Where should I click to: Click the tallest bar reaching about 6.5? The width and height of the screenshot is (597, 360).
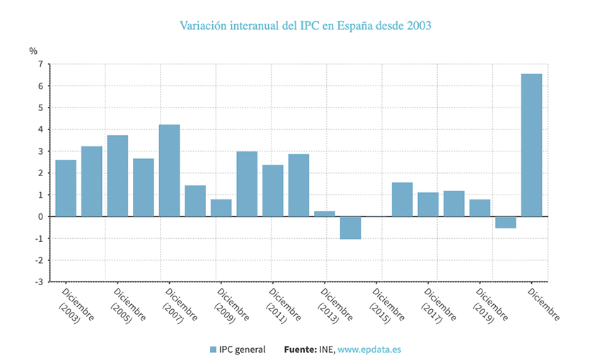point(531,145)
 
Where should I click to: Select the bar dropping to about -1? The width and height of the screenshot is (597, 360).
point(350,228)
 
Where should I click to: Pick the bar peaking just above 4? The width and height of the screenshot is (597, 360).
point(169,170)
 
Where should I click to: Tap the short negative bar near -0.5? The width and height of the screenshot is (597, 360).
point(505,222)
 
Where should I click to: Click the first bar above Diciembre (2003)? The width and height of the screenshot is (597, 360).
point(66,188)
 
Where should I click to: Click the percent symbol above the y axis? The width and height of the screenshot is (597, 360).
point(33,50)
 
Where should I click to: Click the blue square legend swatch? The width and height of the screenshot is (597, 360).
point(213,349)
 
